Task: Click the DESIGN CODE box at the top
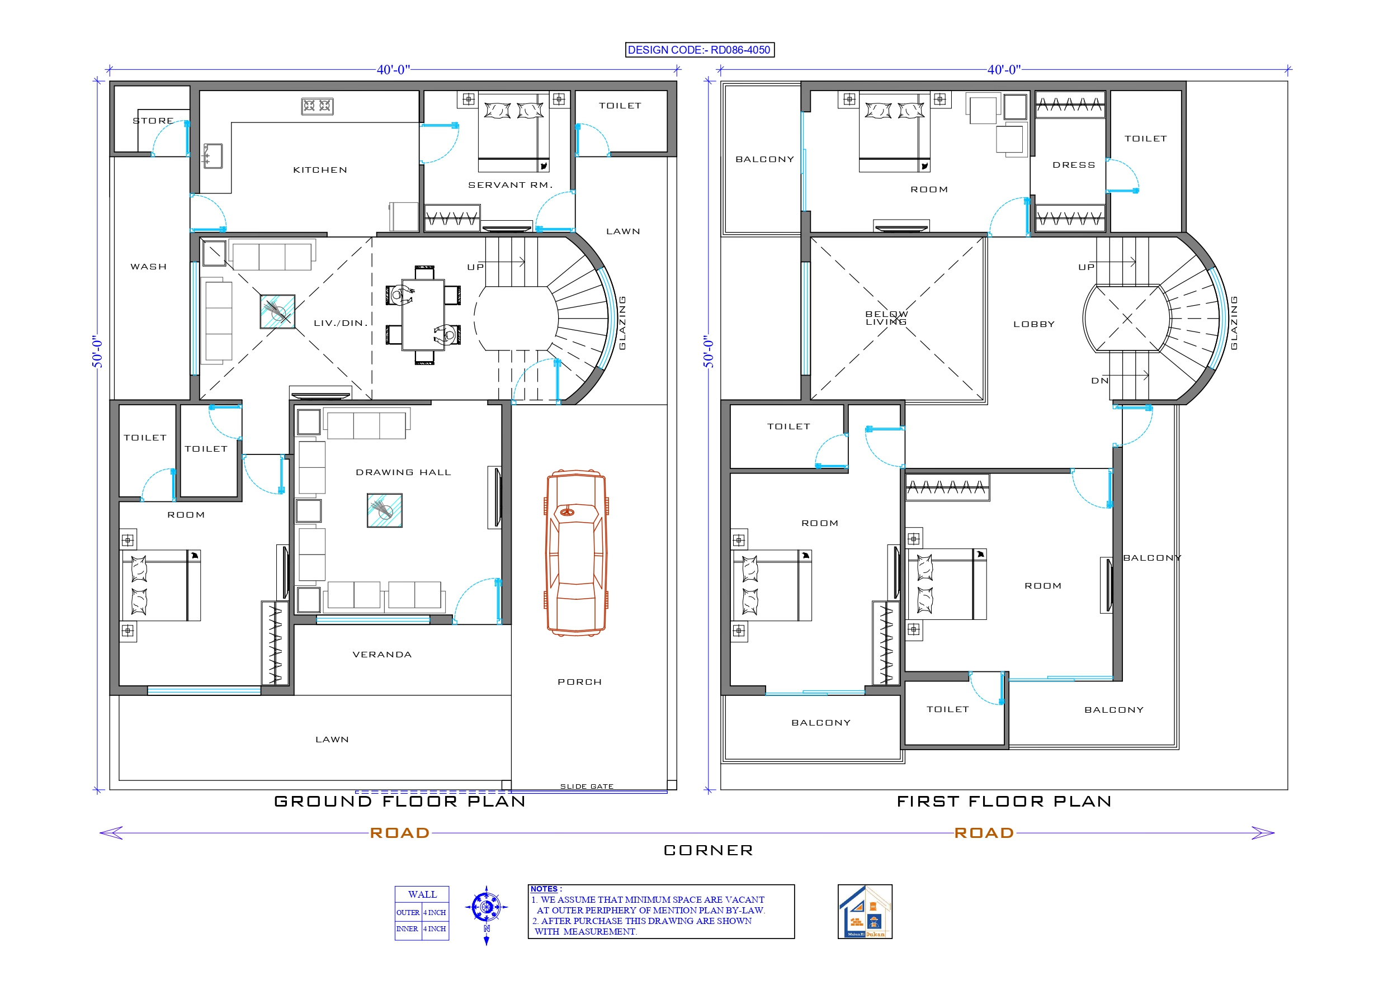700,50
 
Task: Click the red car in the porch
576,553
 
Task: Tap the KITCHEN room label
320,170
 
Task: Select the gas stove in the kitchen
318,106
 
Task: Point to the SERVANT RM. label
510,185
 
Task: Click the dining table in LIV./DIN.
423,314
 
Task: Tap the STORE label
153,121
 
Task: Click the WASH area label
148,267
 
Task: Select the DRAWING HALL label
403,472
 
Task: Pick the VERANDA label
382,655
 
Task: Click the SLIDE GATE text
587,786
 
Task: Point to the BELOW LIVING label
886,318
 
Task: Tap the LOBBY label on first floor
1034,325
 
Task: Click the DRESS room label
1074,165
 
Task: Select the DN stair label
1099,381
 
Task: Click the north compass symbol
486,907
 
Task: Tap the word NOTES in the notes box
544,889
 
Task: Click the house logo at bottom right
865,912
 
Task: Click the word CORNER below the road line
709,850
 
